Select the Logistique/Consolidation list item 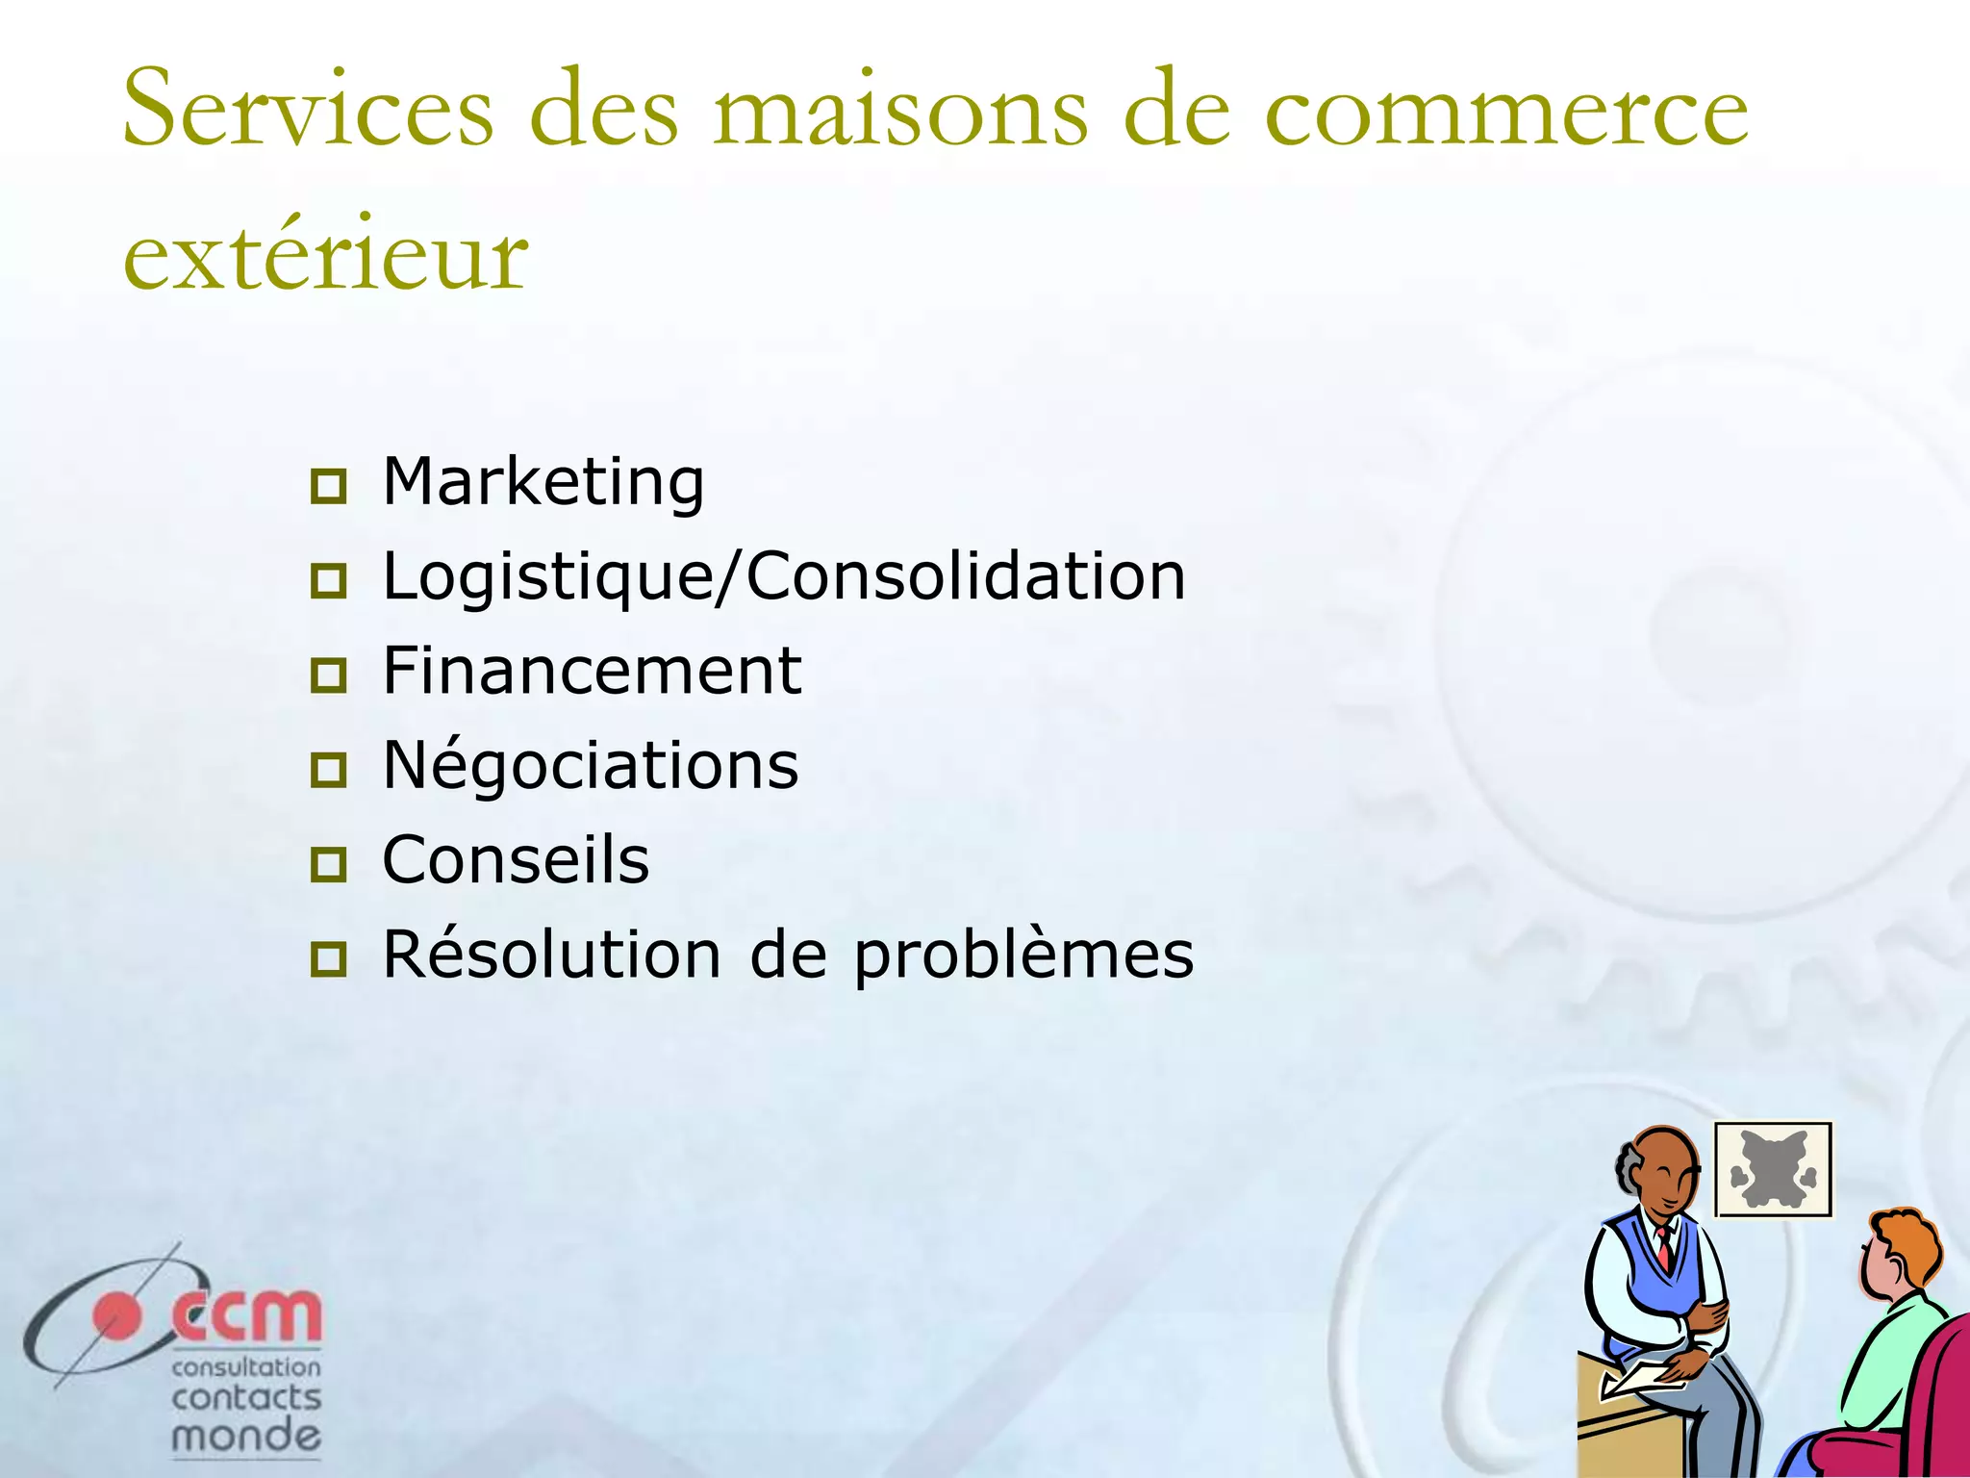pos(784,576)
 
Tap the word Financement pos(592,671)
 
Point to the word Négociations pos(591,765)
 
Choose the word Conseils pos(516,859)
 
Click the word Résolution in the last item pos(551,955)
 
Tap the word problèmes pos(1023,956)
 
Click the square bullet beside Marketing pos(329,487)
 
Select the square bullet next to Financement pos(329,675)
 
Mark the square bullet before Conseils pos(329,865)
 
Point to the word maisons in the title pos(900,111)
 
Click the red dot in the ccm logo pos(116,1316)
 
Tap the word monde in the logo pos(245,1437)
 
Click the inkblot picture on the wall pos(1772,1170)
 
